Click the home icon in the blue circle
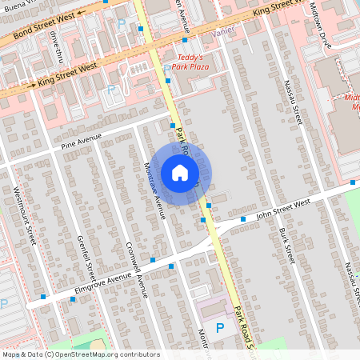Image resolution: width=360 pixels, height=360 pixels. [180, 173]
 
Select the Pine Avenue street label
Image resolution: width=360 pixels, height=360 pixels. [82, 142]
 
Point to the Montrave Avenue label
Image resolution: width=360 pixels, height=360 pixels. [154, 190]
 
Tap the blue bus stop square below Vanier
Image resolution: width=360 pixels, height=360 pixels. [185, 39]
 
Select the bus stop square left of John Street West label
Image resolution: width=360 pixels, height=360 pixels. [243, 218]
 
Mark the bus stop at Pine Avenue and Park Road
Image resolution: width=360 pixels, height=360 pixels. [172, 125]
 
